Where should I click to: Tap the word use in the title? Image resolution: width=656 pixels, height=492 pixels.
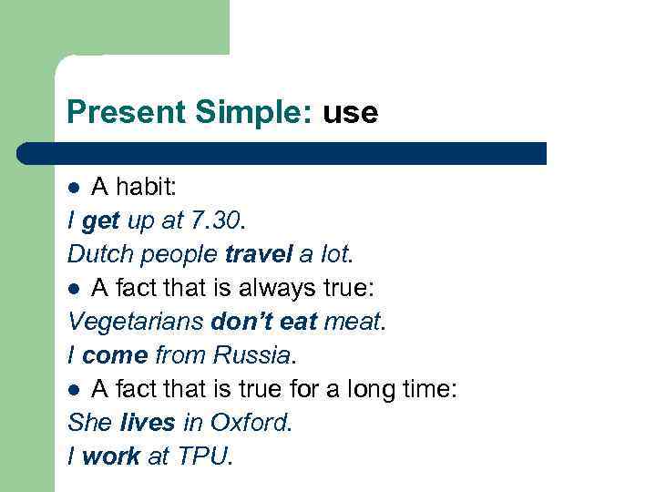tap(349, 114)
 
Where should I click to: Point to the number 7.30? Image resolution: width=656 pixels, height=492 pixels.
tap(217, 220)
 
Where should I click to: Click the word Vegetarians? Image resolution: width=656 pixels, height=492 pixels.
tap(135, 321)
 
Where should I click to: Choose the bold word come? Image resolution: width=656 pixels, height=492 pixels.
tap(115, 354)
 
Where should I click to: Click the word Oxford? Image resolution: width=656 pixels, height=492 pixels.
tap(248, 423)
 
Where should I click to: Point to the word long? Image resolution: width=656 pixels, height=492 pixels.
tap(364, 389)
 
